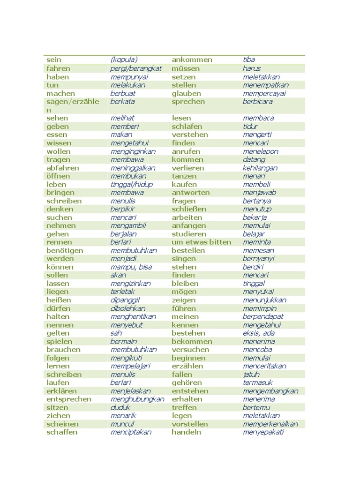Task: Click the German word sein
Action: point(54,60)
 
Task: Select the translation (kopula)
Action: point(124,60)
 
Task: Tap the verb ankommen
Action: point(192,60)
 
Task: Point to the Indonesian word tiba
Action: point(249,60)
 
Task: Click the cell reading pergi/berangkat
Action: point(136,68)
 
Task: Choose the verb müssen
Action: point(186,68)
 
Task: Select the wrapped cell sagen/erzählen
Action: point(72,105)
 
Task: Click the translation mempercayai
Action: point(264,93)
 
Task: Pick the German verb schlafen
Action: point(187,127)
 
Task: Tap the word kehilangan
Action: point(260,168)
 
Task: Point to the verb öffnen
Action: point(58,176)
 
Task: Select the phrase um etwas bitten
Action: point(201,242)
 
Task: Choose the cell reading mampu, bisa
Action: point(131,267)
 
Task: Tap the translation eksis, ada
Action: point(259,333)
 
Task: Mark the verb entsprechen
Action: point(69,399)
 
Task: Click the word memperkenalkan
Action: point(270,424)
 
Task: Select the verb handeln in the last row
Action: point(187,432)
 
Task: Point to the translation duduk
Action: point(120,408)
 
